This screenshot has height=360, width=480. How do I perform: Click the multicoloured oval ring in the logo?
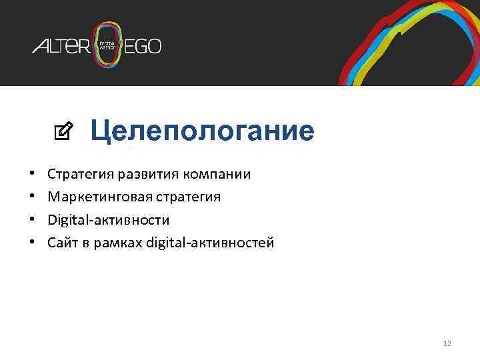point(107,29)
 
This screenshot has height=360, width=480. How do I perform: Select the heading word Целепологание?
point(202,131)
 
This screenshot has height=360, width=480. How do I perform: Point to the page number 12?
point(447,343)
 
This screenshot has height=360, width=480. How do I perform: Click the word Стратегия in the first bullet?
point(81,175)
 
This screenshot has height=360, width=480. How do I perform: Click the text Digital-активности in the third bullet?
point(109,220)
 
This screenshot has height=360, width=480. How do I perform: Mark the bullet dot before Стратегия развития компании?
point(33,175)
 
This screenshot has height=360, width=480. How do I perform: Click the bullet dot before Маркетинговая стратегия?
point(33,197)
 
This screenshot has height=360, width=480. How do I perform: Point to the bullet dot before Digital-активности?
point(33,220)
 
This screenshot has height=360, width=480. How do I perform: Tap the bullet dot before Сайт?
point(33,243)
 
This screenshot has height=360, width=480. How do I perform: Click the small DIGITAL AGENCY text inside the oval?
point(107,45)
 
